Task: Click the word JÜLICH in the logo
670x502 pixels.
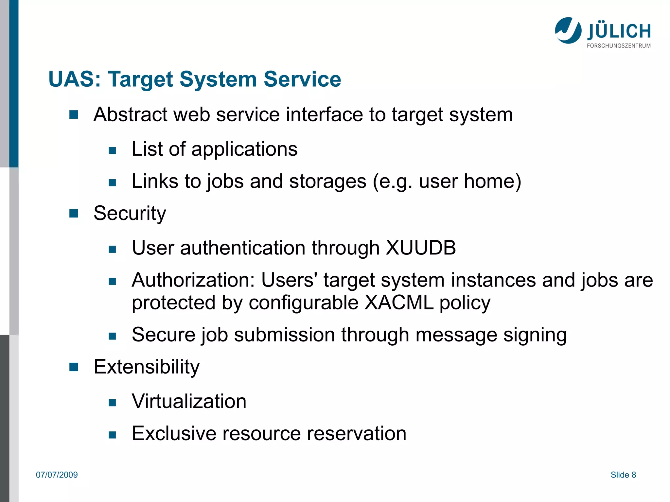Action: [619, 31]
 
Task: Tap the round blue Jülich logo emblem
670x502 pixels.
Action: [568, 30]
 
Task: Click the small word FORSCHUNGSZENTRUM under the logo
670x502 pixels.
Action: [619, 46]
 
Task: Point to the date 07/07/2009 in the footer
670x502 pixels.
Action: [57, 475]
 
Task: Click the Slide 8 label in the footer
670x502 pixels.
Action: [623, 475]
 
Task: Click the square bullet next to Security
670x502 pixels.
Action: [74, 214]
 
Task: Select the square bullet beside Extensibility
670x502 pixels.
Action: [74, 367]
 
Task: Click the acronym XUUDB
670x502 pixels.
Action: [421, 248]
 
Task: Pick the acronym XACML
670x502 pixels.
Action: [399, 303]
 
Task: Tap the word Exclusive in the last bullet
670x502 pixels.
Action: [174, 434]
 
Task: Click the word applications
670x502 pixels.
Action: [244, 149]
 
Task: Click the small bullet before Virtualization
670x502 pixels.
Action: [112, 403]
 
